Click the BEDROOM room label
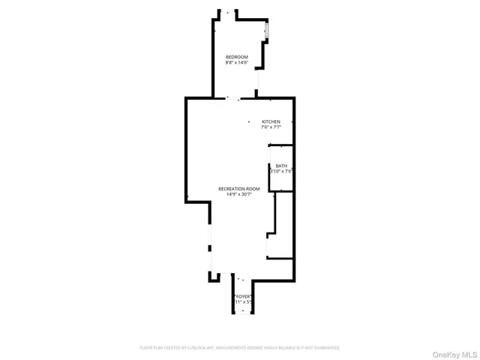coord(237,57)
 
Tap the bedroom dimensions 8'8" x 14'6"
coord(237,63)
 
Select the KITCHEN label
coord(271,121)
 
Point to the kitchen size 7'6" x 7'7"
coord(271,127)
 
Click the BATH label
coord(281,166)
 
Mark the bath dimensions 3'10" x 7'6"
coord(281,172)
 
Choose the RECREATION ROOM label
coord(239,189)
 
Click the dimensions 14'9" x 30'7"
coord(239,195)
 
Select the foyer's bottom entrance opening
coord(241,312)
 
